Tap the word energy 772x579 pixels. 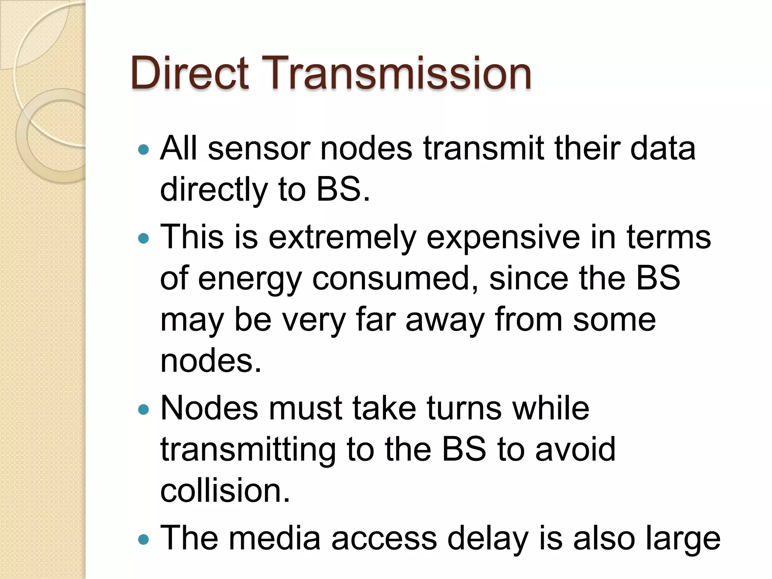click(250, 279)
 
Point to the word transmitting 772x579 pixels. click(248, 450)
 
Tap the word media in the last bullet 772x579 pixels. click(275, 538)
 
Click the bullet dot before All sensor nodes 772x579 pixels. click(144, 150)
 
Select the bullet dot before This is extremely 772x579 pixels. click(144, 238)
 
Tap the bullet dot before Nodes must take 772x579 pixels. click(144, 409)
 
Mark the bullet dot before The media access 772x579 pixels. click(144, 539)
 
